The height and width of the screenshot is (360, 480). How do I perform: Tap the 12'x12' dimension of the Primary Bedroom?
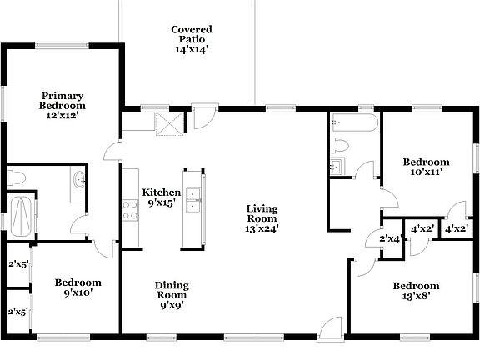point(62,117)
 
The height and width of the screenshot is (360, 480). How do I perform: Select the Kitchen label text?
point(161,192)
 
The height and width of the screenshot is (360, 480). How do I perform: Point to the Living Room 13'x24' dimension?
point(262,227)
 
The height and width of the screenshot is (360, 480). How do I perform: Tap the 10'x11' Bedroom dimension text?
point(426,172)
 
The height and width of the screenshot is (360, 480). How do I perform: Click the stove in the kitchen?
point(131,209)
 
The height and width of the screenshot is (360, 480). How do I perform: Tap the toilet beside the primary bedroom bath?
point(17,177)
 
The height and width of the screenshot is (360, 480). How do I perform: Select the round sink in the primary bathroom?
point(79,178)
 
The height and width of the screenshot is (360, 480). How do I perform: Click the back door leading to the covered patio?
point(202,117)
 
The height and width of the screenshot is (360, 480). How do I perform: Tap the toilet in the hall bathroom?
point(339,147)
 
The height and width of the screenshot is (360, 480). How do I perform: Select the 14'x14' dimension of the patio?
point(192,49)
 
